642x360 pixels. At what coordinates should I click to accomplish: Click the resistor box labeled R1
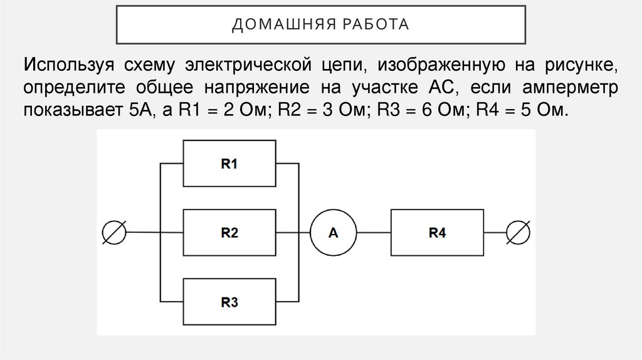point(229,164)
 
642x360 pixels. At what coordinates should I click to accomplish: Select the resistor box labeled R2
point(229,233)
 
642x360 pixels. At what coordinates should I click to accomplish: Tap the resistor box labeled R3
point(229,302)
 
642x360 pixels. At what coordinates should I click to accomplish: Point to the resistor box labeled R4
point(437,233)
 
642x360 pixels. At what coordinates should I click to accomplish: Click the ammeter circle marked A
point(333,233)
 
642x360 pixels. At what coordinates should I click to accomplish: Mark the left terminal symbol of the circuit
point(115,233)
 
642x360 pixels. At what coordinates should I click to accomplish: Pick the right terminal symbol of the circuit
point(520,233)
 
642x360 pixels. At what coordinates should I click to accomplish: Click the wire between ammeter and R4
point(373,233)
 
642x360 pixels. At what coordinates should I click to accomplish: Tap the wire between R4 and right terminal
point(495,233)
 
